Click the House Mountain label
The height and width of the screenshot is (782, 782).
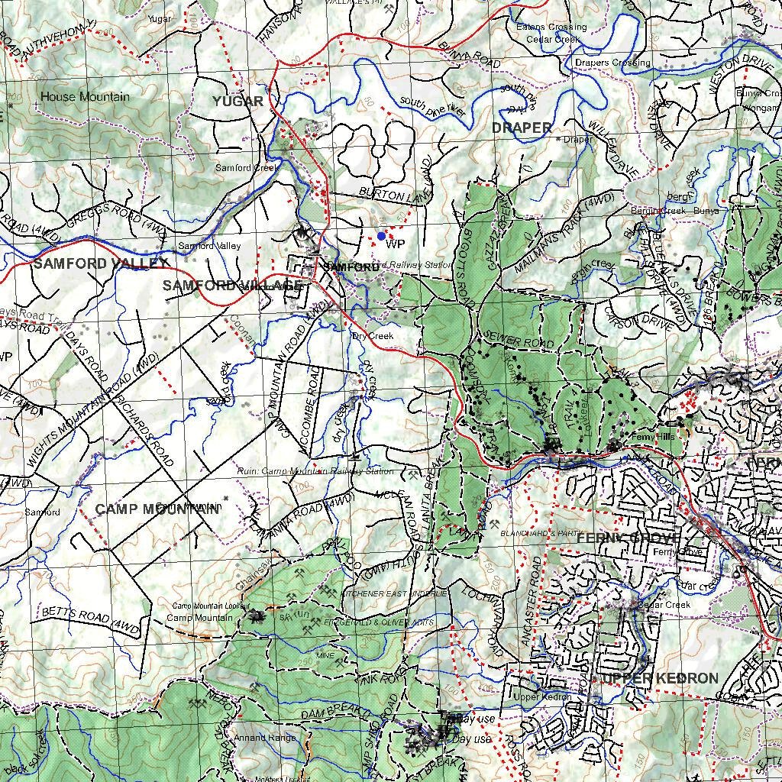pos(84,97)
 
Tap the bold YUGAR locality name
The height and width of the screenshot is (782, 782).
pos(238,102)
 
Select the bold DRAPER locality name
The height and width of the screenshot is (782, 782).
pos(522,128)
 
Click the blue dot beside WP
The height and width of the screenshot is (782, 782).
pos(381,236)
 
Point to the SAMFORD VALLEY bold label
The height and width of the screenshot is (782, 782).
pos(100,263)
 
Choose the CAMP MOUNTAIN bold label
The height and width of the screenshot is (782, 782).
pos(157,509)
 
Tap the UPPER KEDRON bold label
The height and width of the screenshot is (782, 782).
pos(660,678)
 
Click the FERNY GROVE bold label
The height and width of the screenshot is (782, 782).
pos(628,538)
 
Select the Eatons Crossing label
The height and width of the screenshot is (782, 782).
pos(551,27)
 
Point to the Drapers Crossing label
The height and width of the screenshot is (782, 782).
pos(612,63)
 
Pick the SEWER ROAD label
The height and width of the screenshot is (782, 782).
pos(519,340)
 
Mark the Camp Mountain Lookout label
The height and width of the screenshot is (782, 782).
pos(201,606)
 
